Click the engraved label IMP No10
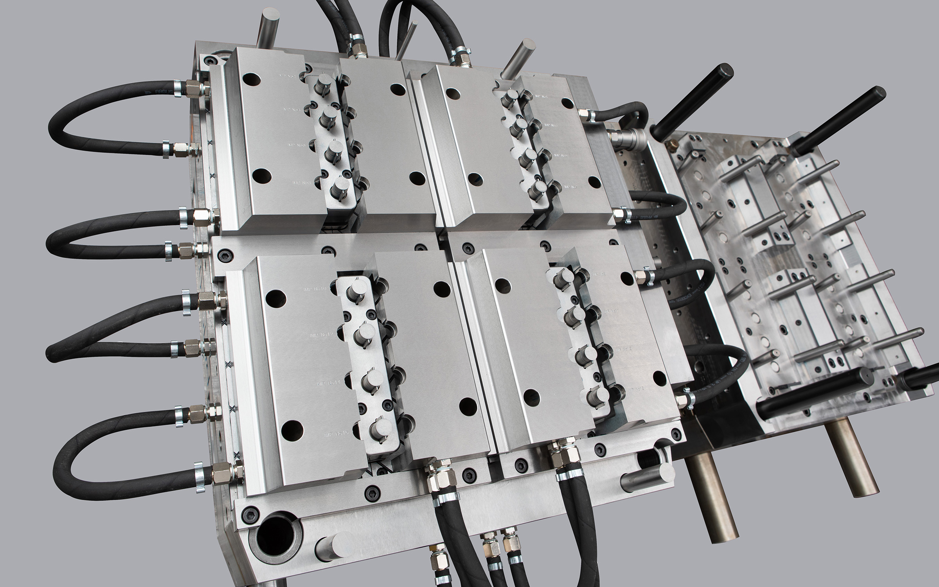click(x=315, y=289)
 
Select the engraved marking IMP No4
click(x=291, y=110)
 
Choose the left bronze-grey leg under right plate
click(x=712, y=497)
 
